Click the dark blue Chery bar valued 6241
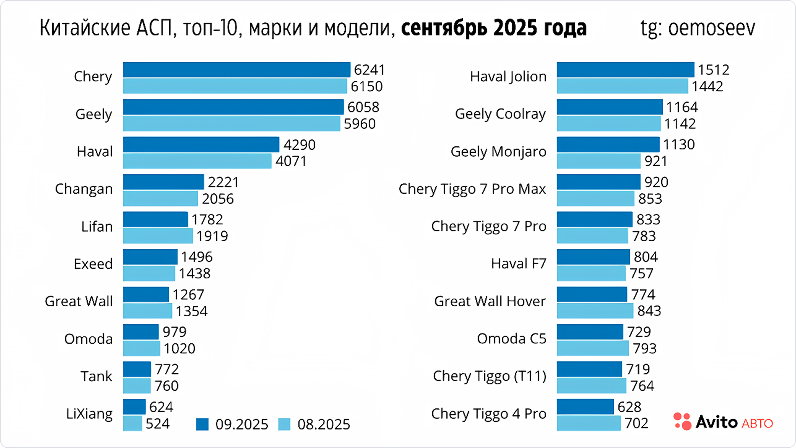coord(236,70)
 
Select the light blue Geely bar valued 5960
coord(231,124)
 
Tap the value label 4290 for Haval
coord(299,145)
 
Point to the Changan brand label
coord(84,189)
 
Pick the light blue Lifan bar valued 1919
coord(158,236)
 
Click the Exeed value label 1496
coord(197,257)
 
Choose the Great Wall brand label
coord(79,301)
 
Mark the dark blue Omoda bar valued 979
coord(141,332)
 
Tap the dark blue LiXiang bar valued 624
coord(134,407)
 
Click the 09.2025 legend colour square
coord(202,424)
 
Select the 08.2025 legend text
coord(324,424)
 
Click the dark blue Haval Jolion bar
coord(625,70)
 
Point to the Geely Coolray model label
coord(500,114)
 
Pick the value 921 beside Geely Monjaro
coord(655,161)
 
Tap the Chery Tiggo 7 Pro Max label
coord(472,189)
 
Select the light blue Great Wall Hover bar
coord(595,311)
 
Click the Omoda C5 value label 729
coord(639,332)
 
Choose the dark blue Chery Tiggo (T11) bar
coord(589,369)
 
